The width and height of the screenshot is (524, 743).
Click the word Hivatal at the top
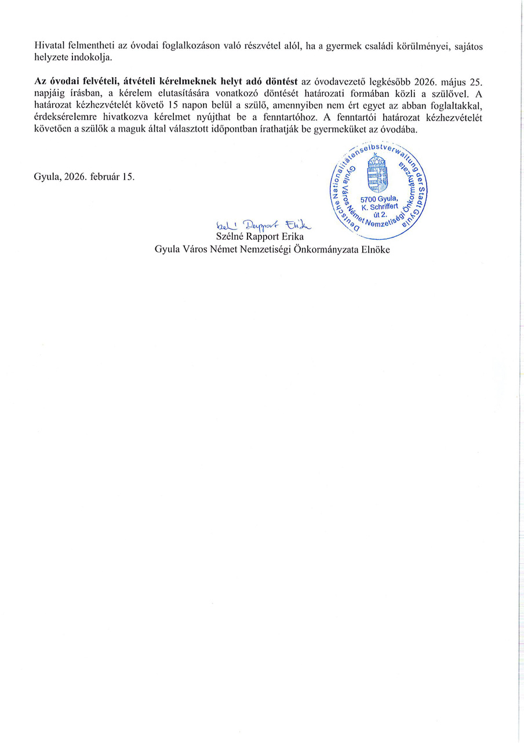point(49,45)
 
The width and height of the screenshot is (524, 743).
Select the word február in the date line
point(104,177)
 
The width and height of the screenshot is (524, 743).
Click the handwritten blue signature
point(263,225)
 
